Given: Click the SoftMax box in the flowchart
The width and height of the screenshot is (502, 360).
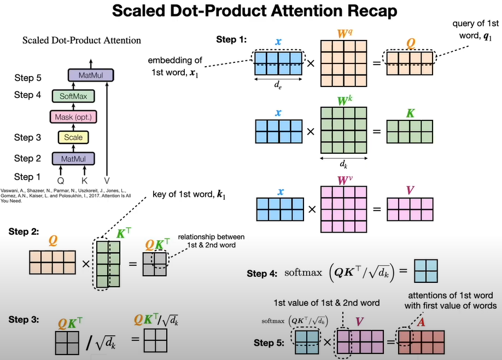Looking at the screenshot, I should pos(73,96).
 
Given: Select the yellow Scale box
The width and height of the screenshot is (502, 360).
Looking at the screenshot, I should pos(73,137).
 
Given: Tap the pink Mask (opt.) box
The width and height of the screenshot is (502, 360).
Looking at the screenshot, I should pos(73,117).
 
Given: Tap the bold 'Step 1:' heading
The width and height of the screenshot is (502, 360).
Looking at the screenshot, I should pos(230,39).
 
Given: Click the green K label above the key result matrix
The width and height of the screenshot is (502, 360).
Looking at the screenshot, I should pos(411,113).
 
